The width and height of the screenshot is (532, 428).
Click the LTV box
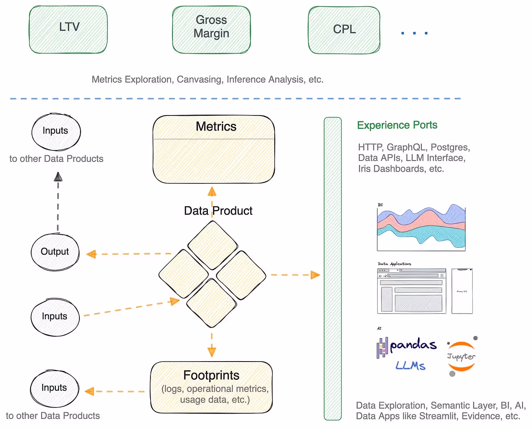coord(68,30)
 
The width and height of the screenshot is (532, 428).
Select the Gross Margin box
coord(211,30)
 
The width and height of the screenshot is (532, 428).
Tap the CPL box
coord(344,30)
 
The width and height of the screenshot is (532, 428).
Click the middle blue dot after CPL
coord(414,33)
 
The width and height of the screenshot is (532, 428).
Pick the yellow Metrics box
coord(214,149)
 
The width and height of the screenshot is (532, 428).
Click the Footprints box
coord(211,387)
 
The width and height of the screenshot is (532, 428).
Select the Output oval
coord(55,252)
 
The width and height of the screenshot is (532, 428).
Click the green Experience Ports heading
coord(397,125)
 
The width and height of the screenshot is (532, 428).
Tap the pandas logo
coord(407,346)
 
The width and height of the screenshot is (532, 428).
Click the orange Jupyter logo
coord(461,356)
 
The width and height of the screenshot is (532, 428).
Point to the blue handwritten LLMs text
coord(410,366)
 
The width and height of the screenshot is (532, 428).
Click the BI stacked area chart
coord(421,228)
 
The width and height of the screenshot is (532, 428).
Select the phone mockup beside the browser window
coord(462,291)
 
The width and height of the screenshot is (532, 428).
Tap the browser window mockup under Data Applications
coord(412,291)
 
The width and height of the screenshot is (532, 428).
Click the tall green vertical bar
coord(332,268)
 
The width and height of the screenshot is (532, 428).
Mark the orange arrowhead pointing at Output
coord(91,254)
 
